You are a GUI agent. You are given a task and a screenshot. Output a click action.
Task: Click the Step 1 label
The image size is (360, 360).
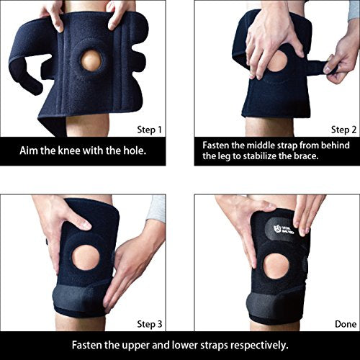149,130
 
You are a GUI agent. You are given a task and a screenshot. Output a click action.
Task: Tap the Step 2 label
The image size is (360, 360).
343,130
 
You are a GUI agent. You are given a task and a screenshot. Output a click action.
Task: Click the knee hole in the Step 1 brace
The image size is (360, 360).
91,60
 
